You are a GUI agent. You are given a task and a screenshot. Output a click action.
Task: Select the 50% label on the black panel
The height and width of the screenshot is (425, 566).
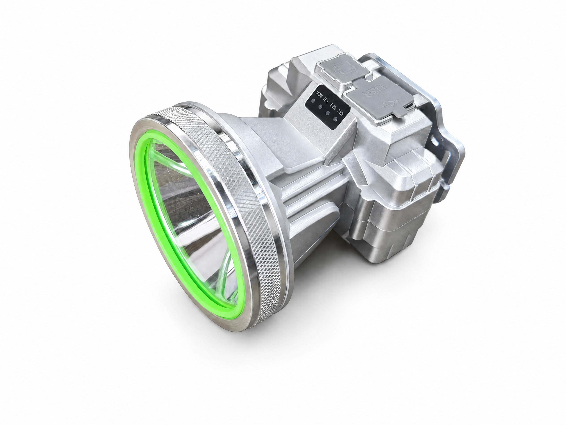tap(333, 106)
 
